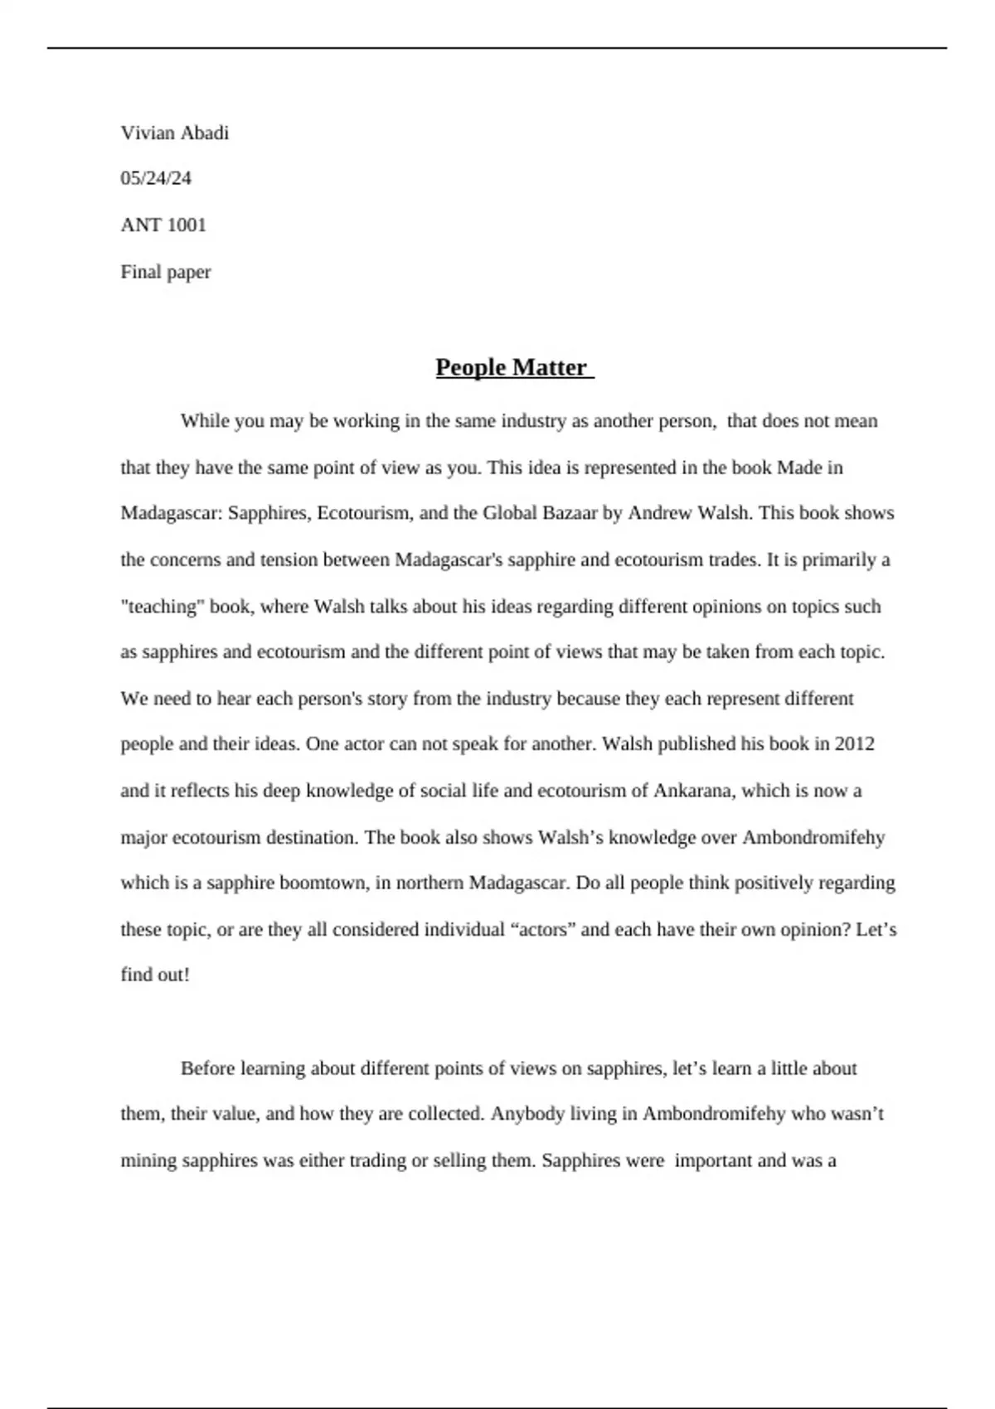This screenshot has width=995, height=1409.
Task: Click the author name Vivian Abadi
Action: click(174, 133)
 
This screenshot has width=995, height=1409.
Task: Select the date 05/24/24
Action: click(156, 178)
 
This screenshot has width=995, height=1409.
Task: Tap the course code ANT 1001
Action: click(163, 225)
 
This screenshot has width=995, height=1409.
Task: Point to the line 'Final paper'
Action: click(166, 272)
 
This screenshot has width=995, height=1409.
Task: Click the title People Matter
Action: click(512, 367)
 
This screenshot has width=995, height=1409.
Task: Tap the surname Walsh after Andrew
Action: click(725, 513)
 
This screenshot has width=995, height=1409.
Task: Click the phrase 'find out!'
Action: click(155, 975)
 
